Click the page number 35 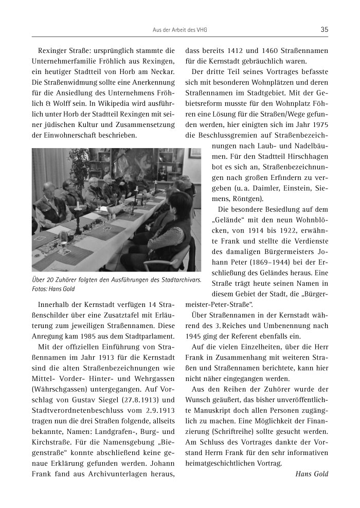tap(324, 29)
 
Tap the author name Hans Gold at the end tap(312, 474)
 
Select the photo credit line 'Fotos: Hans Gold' tap(53, 289)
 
